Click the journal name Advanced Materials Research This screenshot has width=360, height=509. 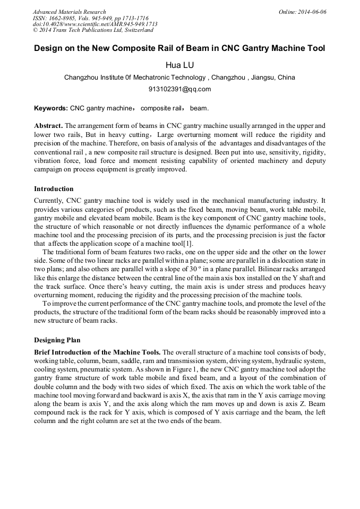(x=69, y=12)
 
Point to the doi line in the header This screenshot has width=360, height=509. (x=95, y=24)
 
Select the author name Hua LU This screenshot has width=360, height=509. (x=179, y=65)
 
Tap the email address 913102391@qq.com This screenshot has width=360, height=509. (x=179, y=89)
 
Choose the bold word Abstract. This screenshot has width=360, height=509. (x=48, y=126)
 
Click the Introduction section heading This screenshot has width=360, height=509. (x=54, y=189)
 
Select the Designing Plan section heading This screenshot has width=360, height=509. (x=57, y=340)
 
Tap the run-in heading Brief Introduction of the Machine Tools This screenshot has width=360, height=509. (x=97, y=352)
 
